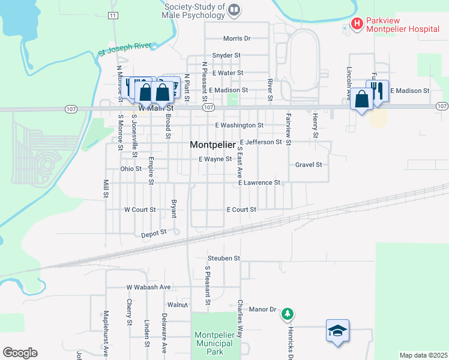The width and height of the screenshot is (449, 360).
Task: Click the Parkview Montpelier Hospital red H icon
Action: (357, 24)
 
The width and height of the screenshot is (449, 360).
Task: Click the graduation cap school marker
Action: (337, 330)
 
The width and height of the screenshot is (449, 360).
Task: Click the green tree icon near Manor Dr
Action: (288, 314)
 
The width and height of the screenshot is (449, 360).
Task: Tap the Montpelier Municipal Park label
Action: (213, 343)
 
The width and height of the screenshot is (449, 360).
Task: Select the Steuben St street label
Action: (224, 258)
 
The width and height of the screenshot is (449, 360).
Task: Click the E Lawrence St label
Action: (259, 182)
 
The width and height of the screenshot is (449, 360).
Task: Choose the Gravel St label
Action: (309, 164)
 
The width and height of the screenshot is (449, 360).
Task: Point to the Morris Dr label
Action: (236, 38)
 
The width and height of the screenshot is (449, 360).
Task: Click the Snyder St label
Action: (226, 55)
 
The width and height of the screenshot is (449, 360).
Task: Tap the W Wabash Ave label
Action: (148, 287)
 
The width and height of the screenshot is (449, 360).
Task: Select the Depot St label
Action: (154, 232)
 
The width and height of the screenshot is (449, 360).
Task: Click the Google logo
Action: (20, 353)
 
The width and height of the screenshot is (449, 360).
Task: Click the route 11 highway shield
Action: (113, 15)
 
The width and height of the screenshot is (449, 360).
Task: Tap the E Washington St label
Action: (239, 125)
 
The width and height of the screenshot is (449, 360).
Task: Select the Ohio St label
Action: (130, 169)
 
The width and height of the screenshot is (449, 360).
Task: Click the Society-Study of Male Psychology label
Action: (194, 11)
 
